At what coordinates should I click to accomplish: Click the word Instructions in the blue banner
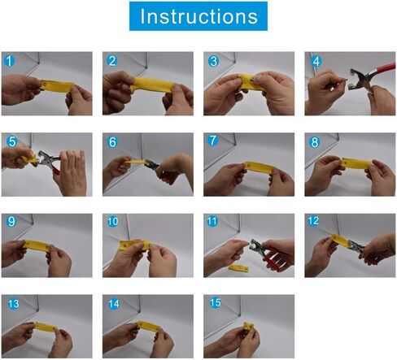[198, 16]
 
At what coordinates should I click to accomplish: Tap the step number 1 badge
[9, 61]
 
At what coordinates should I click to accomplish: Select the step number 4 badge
[316, 61]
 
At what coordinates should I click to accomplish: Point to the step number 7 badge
[212, 141]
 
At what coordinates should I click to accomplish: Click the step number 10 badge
[112, 222]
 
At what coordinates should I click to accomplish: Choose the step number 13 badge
[13, 303]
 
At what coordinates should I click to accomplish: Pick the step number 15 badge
[216, 302]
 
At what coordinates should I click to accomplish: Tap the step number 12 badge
[313, 221]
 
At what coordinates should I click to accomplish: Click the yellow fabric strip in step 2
[153, 85]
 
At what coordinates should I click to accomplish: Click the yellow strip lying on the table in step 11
[238, 268]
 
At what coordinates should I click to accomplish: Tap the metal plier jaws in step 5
[43, 158]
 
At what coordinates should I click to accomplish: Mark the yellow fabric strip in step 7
[259, 167]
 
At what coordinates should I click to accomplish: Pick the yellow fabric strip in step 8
[356, 163]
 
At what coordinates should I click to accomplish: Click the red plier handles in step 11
[274, 257]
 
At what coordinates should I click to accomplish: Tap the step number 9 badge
[11, 221]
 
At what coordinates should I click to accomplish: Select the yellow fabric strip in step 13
[46, 327]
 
